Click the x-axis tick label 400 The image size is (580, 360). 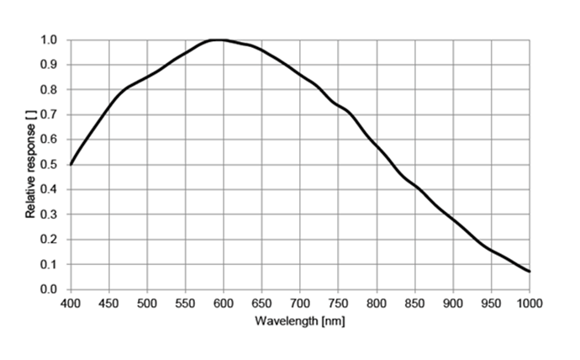[x=71, y=303]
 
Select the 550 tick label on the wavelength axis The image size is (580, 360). [x=185, y=303]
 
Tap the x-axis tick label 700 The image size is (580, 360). [x=300, y=303]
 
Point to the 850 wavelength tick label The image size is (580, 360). [x=415, y=303]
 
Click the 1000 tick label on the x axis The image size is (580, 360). [x=530, y=303]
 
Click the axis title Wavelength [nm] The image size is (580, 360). [x=300, y=320]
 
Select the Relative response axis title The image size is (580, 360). [x=31, y=165]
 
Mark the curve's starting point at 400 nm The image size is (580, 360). [x=71, y=165]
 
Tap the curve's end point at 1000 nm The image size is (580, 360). [x=530, y=272]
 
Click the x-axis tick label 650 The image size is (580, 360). [x=262, y=303]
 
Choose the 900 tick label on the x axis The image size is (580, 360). [x=453, y=303]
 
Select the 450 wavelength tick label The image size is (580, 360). [x=108, y=303]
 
